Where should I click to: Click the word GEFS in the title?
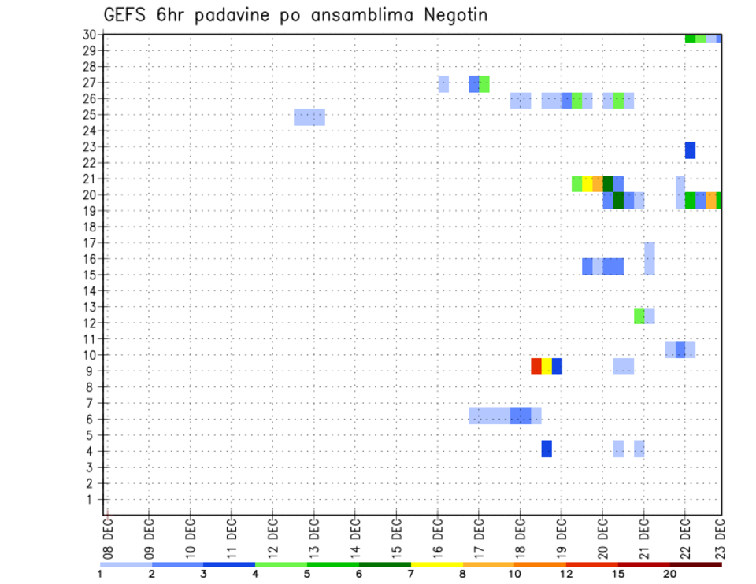coord(127,15)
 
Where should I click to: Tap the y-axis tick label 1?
coord(91,499)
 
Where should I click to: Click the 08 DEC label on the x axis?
coord(108,538)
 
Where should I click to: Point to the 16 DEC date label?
coord(438,538)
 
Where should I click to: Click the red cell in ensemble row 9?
coord(536,366)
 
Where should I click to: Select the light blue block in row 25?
coord(309,117)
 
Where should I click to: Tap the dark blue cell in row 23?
coord(690,150)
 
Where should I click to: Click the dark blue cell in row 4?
coord(547,449)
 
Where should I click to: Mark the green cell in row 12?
coord(639,316)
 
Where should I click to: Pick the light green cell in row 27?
coord(484,83)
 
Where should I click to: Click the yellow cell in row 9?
coord(547,366)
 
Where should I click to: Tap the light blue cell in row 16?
coord(650,258)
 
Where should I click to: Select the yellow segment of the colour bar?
coord(437,564)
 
